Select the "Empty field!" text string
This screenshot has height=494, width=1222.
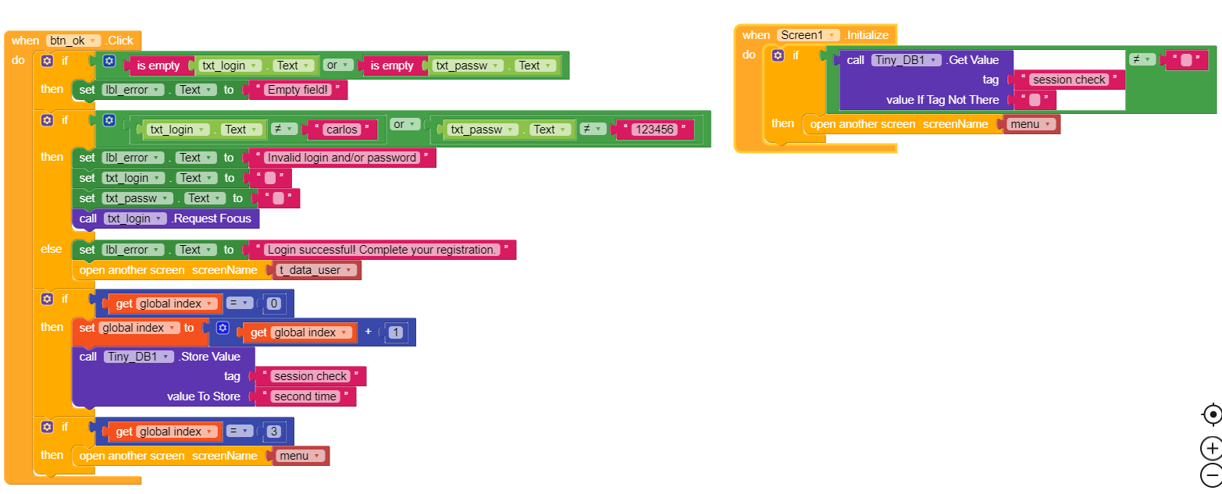tap(297, 90)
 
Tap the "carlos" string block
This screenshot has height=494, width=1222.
tap(344, 130)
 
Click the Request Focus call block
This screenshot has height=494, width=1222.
tap(211, 219)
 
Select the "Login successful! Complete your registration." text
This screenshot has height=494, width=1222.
tap(382, 250)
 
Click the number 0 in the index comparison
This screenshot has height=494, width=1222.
tap(273, 304)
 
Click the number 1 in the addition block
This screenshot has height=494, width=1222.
tap(397, 332)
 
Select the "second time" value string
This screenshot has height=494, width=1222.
tap(305, 396)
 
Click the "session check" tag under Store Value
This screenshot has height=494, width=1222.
tap(310, 376)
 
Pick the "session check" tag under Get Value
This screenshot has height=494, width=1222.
tap(1069, 80)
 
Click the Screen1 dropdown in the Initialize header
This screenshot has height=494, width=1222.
tap(808, 35)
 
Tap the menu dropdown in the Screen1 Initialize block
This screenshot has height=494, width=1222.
tap(1031, 124)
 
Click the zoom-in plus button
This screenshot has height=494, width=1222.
tap(1211, 449)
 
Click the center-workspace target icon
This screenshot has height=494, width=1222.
tap(1211, 414)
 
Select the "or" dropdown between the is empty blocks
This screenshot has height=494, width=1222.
tap(337, 66)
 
